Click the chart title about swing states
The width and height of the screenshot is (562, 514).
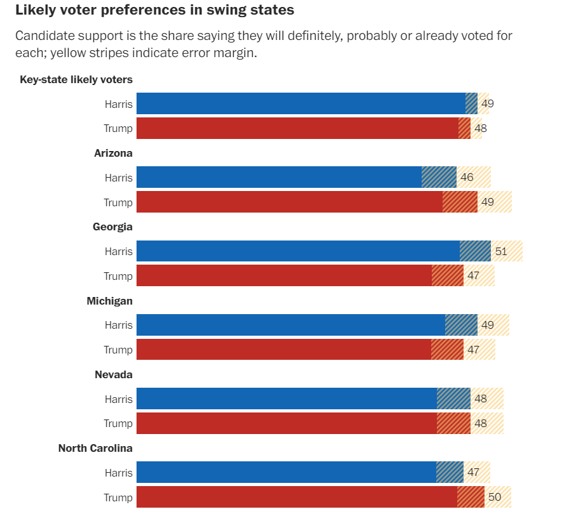tap(154, 11)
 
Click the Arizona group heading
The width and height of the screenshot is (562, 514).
tap(113, 153)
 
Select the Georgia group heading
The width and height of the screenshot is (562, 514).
tap(112, 227)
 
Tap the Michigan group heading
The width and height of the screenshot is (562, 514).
tap(109, 301)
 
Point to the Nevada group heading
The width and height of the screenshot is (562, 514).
tap(113, 374)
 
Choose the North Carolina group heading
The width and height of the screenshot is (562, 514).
tap(95, 448)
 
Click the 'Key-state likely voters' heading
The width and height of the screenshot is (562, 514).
tap(76, 79)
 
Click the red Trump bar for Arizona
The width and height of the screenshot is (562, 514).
tap(289, 202)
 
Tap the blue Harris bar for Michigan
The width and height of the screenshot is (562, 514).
tap(290, 325)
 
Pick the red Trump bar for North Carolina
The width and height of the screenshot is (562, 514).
tap(296, 497)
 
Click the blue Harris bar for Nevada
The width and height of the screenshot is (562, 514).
tap(286, 399)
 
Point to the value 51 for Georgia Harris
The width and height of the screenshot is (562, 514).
tap(501, 251)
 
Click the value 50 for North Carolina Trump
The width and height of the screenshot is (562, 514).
tap(495, 497)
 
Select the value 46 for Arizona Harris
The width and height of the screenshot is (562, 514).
tap(467, 177)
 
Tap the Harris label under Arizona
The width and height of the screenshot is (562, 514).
tap(119, 178)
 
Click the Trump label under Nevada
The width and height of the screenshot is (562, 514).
tap(118, 423)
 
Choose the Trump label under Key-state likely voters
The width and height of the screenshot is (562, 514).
tap(118, 128)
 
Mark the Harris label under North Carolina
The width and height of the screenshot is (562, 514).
tap(119, 473)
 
